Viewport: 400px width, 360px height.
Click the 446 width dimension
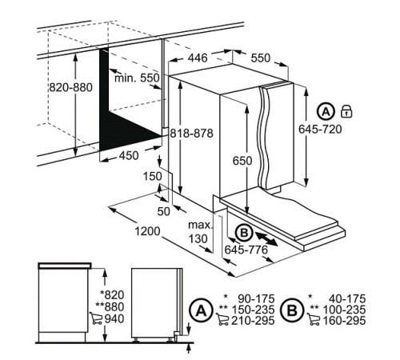(198, 58)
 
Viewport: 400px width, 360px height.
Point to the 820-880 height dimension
(71, 87)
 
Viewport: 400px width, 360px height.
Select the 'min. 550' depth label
(137, 78)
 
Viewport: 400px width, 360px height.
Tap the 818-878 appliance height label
(192, 134)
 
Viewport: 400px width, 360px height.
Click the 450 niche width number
(129, 156)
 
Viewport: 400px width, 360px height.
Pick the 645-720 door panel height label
(320, 130)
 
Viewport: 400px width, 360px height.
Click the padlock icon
(346, 111)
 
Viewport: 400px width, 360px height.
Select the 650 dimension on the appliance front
(242, 161)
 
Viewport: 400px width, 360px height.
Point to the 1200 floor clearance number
(147, 231)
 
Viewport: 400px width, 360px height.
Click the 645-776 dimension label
(246, 250)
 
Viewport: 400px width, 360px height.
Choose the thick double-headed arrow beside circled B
(266, 238)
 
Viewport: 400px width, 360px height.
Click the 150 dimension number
(153, 176)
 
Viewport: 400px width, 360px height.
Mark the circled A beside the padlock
(326, 112)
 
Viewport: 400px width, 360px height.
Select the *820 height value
(112, 295)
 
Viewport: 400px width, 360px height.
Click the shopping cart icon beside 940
(96, 318)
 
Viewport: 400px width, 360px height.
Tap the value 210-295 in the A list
(253, 321)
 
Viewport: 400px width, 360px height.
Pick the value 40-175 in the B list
(347, 298)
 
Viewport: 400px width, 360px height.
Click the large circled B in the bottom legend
(293, 310)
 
